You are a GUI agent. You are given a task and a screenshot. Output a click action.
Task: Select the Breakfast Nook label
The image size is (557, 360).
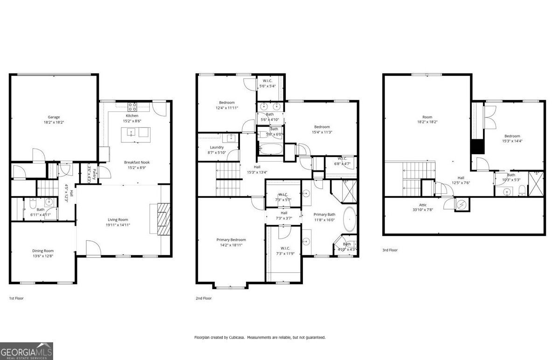(x=137, y=162)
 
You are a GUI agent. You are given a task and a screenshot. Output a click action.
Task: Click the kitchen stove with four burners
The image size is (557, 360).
(x=132, y=106)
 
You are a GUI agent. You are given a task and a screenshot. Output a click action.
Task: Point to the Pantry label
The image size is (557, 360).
(x=94, y=173)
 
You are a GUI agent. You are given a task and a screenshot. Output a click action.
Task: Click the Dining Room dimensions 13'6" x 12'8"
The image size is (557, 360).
(x=42, y=256)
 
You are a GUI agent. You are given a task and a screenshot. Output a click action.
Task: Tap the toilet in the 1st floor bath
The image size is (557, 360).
(x=31, y=204)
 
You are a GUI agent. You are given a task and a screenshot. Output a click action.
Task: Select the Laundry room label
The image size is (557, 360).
(x=217, y=147)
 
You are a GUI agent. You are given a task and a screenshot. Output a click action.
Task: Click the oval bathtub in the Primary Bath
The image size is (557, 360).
(x=349, y=220)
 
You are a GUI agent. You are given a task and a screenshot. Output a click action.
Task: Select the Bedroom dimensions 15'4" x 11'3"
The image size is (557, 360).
(x=322, y=132)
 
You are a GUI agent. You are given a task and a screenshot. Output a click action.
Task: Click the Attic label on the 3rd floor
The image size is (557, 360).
(x=423, y=204)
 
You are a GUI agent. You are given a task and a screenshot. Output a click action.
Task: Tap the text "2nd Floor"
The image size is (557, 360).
(x=203, y=298)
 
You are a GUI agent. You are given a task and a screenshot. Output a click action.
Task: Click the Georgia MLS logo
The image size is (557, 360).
(x=27, y=351)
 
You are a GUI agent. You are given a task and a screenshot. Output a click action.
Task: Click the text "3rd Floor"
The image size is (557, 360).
(x=390, y=250)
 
